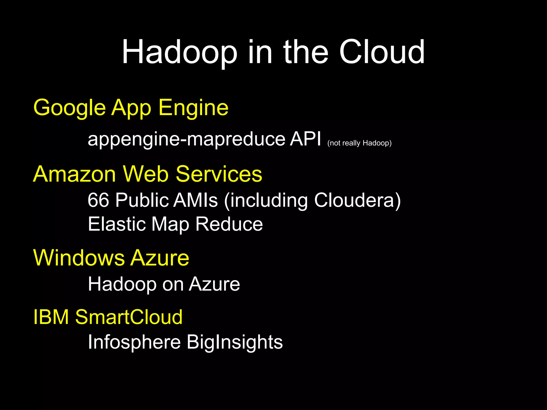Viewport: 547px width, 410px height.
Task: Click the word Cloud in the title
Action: [x=382, y=52]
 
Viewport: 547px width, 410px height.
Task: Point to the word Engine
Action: [x=193, y=108]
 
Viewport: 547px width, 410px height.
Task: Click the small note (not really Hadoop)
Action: [x=359, y=143]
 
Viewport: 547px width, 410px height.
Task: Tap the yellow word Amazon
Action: [x=74, y=174]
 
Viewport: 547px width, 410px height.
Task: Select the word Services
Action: [x=219, y=174]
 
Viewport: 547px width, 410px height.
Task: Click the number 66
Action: [x=98, y=200]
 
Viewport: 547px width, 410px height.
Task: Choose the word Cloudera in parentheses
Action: [x=354, y=200]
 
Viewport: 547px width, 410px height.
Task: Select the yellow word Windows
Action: [x=79, y=258]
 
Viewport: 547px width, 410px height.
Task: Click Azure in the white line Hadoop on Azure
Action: [x=214, y=284]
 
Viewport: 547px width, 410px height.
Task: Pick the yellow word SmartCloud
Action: [x=129, y=317]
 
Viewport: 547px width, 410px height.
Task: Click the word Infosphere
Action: [x=134, y=342]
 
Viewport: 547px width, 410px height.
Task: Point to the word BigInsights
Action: [x=235, y=342]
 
